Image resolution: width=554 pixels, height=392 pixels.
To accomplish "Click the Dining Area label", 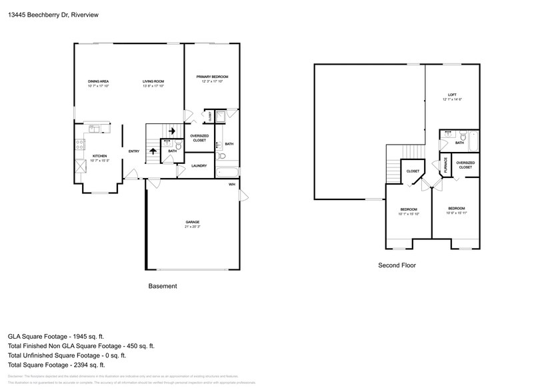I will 98,81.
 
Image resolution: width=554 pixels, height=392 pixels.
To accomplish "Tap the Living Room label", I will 153,81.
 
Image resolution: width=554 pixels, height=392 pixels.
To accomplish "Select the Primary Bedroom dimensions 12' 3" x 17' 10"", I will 208,81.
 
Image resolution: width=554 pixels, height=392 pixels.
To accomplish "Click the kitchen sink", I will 93,128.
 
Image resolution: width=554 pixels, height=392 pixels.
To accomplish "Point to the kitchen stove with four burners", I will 79,142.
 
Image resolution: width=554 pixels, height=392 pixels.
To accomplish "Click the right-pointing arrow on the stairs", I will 172,131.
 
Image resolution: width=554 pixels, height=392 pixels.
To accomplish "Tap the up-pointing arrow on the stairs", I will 153,151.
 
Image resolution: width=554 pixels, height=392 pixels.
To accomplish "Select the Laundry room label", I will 199,166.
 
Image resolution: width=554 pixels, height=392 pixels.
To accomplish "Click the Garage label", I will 193,222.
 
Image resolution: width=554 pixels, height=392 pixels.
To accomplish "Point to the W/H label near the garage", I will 231,184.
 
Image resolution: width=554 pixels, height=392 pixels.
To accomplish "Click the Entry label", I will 134,151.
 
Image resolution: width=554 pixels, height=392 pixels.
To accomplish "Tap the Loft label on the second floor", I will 451,95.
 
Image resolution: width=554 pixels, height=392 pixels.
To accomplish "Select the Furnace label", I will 445,166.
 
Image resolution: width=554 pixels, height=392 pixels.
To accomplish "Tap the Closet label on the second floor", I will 413,171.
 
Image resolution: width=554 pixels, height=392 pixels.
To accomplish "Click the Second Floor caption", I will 397,265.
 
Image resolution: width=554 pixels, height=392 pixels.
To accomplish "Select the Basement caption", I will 162,286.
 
